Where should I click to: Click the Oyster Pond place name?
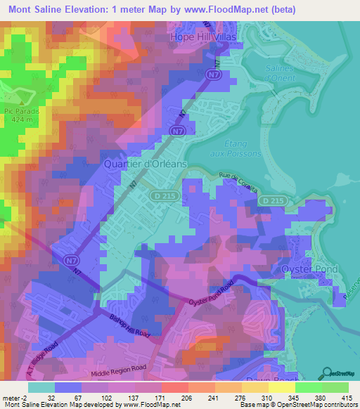tap(309, 269)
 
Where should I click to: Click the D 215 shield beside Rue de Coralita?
tap(271, 201)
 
